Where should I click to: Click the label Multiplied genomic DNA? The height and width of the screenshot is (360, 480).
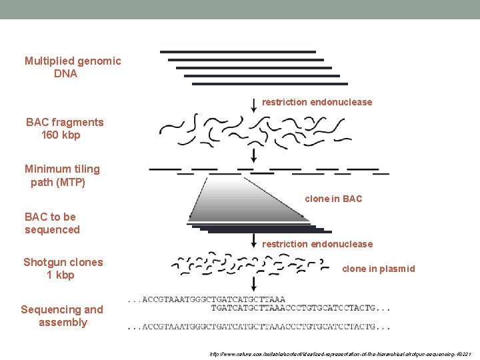coord(73,67)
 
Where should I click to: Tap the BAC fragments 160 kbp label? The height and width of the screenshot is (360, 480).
coord(64,129)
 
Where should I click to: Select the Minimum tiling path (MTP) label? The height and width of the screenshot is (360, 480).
coord(61,175)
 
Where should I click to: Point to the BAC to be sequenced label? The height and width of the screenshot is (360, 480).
coord(52,223)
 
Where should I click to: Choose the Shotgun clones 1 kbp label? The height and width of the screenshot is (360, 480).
coord(63,269)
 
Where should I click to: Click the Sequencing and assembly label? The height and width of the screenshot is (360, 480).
coord(62,316)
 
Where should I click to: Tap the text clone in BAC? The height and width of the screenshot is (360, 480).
coord(333,199)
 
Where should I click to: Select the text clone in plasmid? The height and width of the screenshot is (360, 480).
coord(378,269)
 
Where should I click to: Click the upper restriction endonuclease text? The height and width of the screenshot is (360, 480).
coord(317,102)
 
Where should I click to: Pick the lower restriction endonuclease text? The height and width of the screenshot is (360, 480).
coord(317,244)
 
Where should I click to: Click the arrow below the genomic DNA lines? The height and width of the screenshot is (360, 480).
coord(253,103)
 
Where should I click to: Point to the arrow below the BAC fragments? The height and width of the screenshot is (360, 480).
coord(253,155)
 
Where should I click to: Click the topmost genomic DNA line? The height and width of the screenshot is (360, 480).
coord(237,51)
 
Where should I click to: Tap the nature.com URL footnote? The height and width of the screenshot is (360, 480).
coord(341,353)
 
